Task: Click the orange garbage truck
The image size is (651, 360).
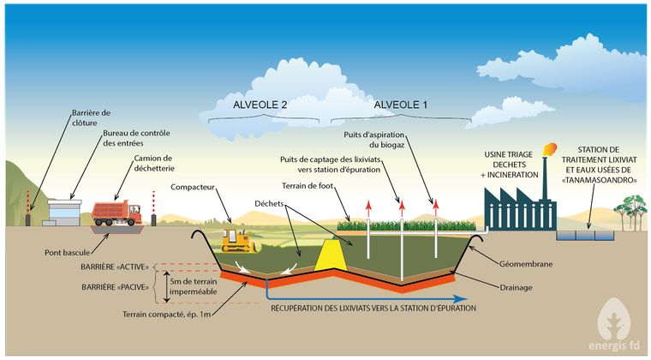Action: tap(116, 213)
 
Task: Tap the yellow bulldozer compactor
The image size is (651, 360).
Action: tap(238, 241)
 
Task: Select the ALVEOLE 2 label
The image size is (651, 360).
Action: tap(260, 105)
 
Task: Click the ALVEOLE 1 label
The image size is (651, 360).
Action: tap(400, 105)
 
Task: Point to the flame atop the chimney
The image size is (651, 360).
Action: tap(549, 149)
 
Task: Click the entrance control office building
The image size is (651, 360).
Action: tap(64, 213)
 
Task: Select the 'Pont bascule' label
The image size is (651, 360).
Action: tap(68, 253)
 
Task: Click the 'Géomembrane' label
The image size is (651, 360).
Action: tap(526, 264)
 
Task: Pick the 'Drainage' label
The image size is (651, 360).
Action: tap(516, 287)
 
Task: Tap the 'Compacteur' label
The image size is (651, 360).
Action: tap(193, 187)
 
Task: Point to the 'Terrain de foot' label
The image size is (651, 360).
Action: tap(308, 186)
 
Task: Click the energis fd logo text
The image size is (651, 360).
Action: tap(613, 345)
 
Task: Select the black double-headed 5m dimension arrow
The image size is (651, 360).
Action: tap(166, 286)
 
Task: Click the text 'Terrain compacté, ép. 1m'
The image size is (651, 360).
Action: tap(166, 315)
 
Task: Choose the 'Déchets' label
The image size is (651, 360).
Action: tap(269, 203)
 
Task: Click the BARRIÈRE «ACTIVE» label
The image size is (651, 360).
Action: tap(115, 267)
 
